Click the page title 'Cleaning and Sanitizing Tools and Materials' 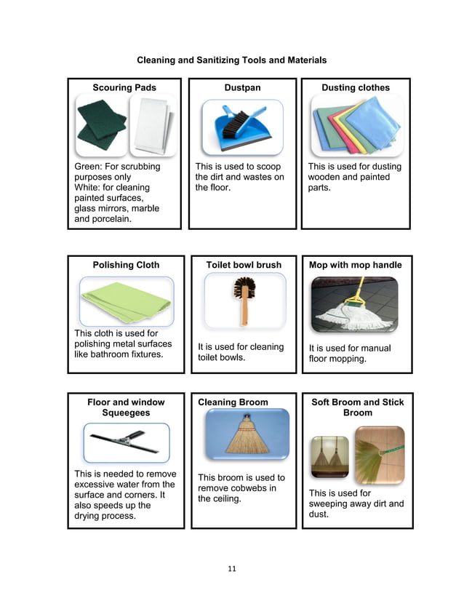(232, 60)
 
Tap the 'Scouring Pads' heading (124, 87)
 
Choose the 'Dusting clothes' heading (356, 87)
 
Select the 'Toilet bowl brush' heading (244, 265)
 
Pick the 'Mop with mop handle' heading (356, 265)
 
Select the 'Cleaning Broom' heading (233, 402)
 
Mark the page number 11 (232, 569)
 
